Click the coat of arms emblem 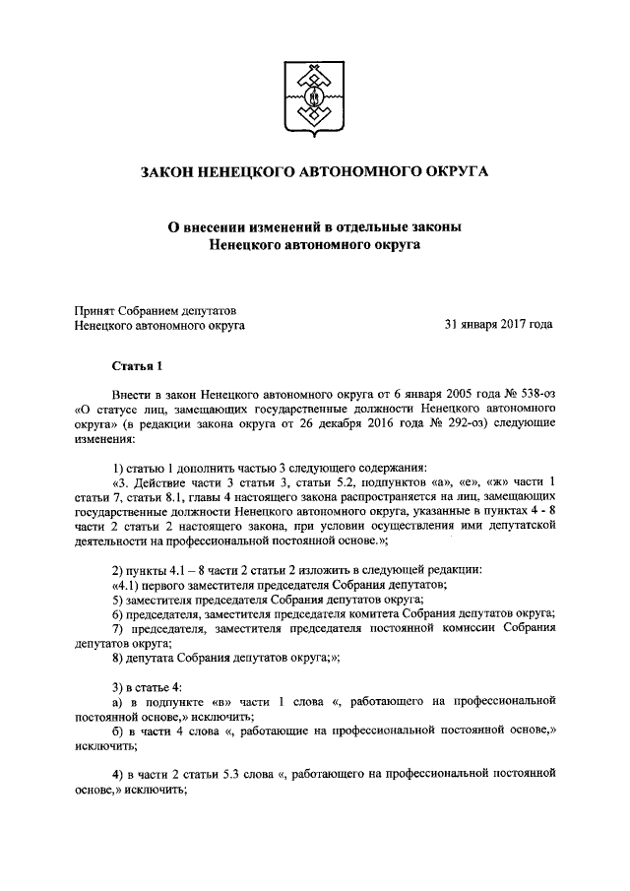314,95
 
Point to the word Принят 95,308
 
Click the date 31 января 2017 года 498,323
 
